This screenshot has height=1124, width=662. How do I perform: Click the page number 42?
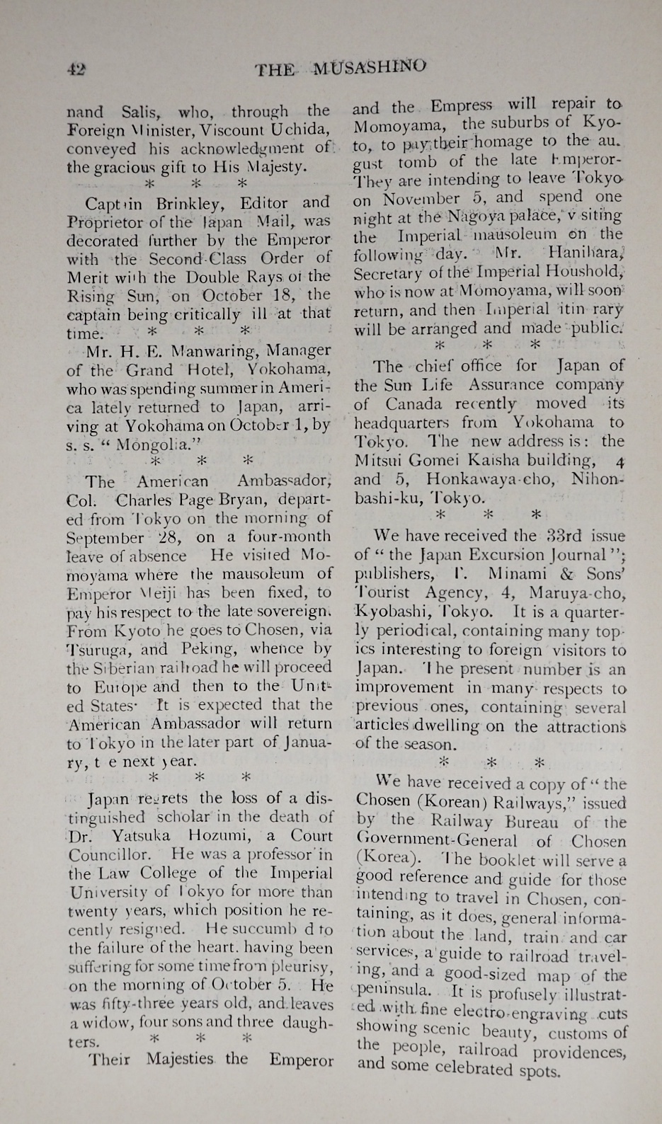(76, 69)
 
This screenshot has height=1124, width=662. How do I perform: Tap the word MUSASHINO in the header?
(370, 68)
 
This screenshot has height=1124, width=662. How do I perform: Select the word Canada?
(416, 404)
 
